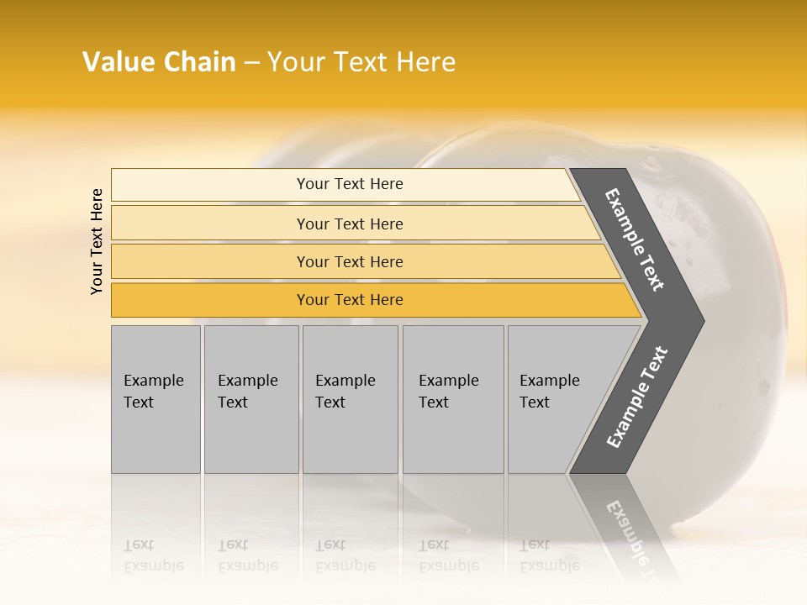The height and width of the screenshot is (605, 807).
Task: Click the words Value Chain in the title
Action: pos(159,62)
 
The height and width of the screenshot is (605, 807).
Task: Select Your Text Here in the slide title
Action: pos(361,62)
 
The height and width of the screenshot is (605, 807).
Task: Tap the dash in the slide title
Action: pos(251,63)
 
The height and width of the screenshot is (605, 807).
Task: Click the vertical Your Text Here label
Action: pos(98,241)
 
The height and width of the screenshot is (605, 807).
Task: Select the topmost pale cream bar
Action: pos(349,184)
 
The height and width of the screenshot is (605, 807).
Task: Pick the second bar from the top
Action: pos(349,224)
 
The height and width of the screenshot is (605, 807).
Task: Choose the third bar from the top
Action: pos(349,261)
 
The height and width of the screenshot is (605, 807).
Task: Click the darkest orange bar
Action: pos(349,300)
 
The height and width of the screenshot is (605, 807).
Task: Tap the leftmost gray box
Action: pos(156,399)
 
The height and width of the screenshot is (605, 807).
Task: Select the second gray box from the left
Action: pos(251,399)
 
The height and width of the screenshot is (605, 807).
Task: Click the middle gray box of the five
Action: pos(350,399)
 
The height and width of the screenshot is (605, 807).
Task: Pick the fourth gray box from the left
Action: pos(453,399)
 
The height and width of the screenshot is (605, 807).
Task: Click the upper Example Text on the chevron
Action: pos(636,239)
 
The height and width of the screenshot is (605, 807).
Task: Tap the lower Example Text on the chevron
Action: pos(637,397)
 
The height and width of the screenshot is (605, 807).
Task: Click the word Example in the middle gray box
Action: pos(345,381)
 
